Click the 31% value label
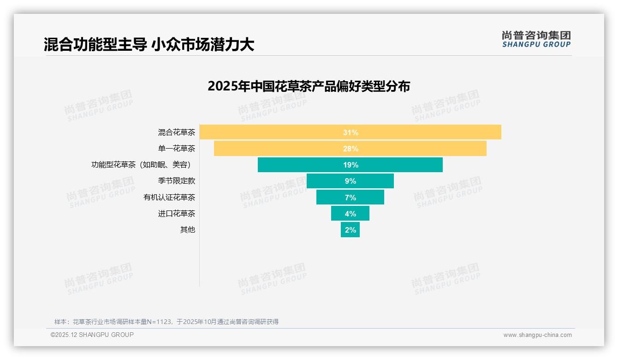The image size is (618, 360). [351, 132]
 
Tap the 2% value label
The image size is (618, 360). [351, 230]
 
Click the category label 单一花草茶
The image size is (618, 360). [177, 149]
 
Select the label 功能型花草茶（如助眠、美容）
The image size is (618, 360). [143, 165]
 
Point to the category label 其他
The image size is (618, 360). [188, 230]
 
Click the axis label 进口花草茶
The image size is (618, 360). [177, 214]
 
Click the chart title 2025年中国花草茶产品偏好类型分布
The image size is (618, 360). [309, 86]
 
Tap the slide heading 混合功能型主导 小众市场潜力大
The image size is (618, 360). [149, 44]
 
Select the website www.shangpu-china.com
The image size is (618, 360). [537, 335]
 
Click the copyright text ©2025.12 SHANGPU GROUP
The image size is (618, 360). [92, 335]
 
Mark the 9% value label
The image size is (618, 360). [351, 181]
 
